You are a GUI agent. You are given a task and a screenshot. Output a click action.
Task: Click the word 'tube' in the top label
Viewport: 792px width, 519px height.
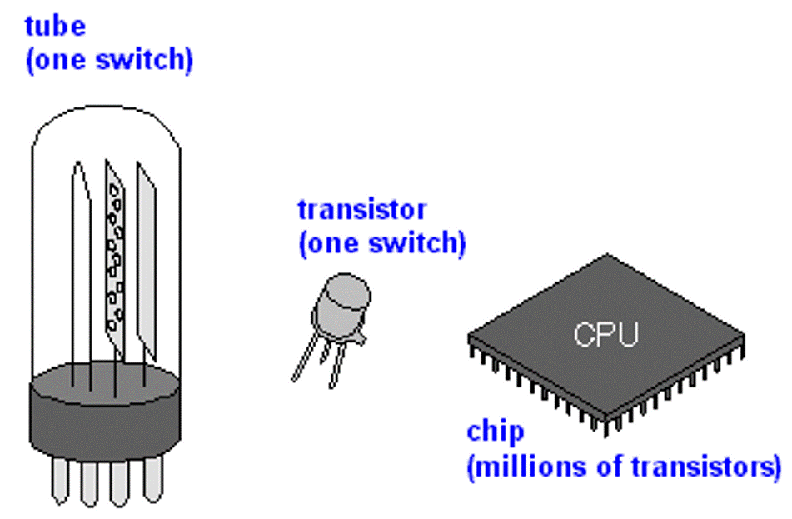56,26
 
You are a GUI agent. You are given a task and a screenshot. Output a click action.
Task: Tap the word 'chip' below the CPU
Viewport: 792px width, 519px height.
496,432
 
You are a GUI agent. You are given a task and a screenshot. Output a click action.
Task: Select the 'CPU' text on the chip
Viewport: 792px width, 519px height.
605,335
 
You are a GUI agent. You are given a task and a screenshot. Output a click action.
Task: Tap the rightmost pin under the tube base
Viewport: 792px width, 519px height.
152,480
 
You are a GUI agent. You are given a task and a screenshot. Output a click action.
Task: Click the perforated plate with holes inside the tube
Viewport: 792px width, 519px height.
116,250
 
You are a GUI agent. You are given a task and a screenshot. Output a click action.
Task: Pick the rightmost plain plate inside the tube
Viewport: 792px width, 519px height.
147,250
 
